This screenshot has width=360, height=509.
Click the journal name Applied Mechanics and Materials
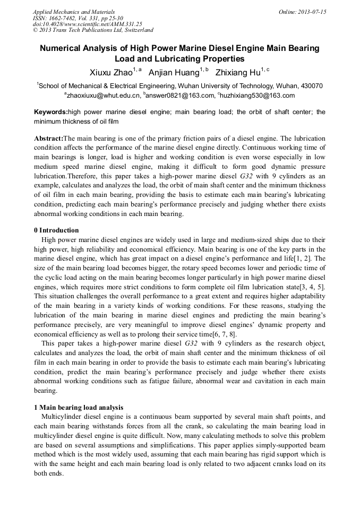pos(74,12)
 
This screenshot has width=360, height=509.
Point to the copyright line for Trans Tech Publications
pos(93,30)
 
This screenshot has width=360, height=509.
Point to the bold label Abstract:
pos(48,137)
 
